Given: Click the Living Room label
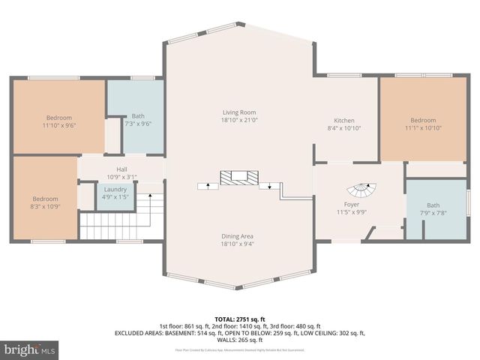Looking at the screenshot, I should pos(238,112).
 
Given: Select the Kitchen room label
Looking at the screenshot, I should pos(344,120).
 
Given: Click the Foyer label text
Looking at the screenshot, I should pos(352,204).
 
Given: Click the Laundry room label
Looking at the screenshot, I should pos(112,190).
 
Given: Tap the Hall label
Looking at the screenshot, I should pos(121,169).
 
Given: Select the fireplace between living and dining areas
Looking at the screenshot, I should pos(238,178).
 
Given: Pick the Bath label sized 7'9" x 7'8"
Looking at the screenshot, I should pos(433,205).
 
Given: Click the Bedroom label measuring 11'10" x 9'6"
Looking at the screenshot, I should pos(59,118).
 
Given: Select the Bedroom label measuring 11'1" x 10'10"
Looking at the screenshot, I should pos(422,121).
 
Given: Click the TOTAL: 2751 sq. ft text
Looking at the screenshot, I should pos(239,318).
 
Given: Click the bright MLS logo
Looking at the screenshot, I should pos(29,349).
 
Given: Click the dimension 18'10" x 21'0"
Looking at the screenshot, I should pos(238,120).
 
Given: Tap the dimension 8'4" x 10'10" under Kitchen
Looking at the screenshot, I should pos(344,128).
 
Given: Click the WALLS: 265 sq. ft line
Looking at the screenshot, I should pos(239,340).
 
